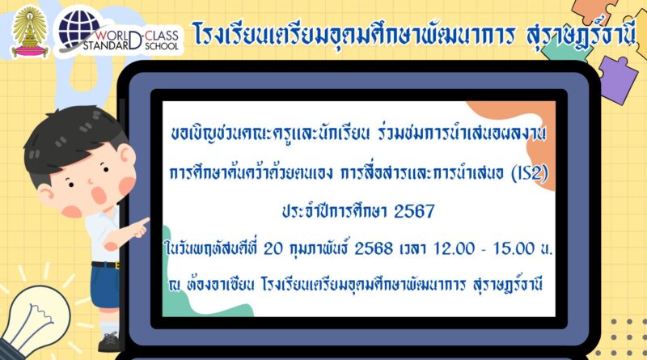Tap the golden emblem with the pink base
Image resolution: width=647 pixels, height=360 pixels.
(30, 32)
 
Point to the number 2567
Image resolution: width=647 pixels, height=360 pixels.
(414, 212)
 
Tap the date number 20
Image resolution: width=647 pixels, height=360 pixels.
(273, 249)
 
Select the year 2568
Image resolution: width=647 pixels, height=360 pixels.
(374, 249)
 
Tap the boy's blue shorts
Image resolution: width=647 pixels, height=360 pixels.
(106, 286)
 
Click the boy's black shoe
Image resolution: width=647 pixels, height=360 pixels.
(109, 342)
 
